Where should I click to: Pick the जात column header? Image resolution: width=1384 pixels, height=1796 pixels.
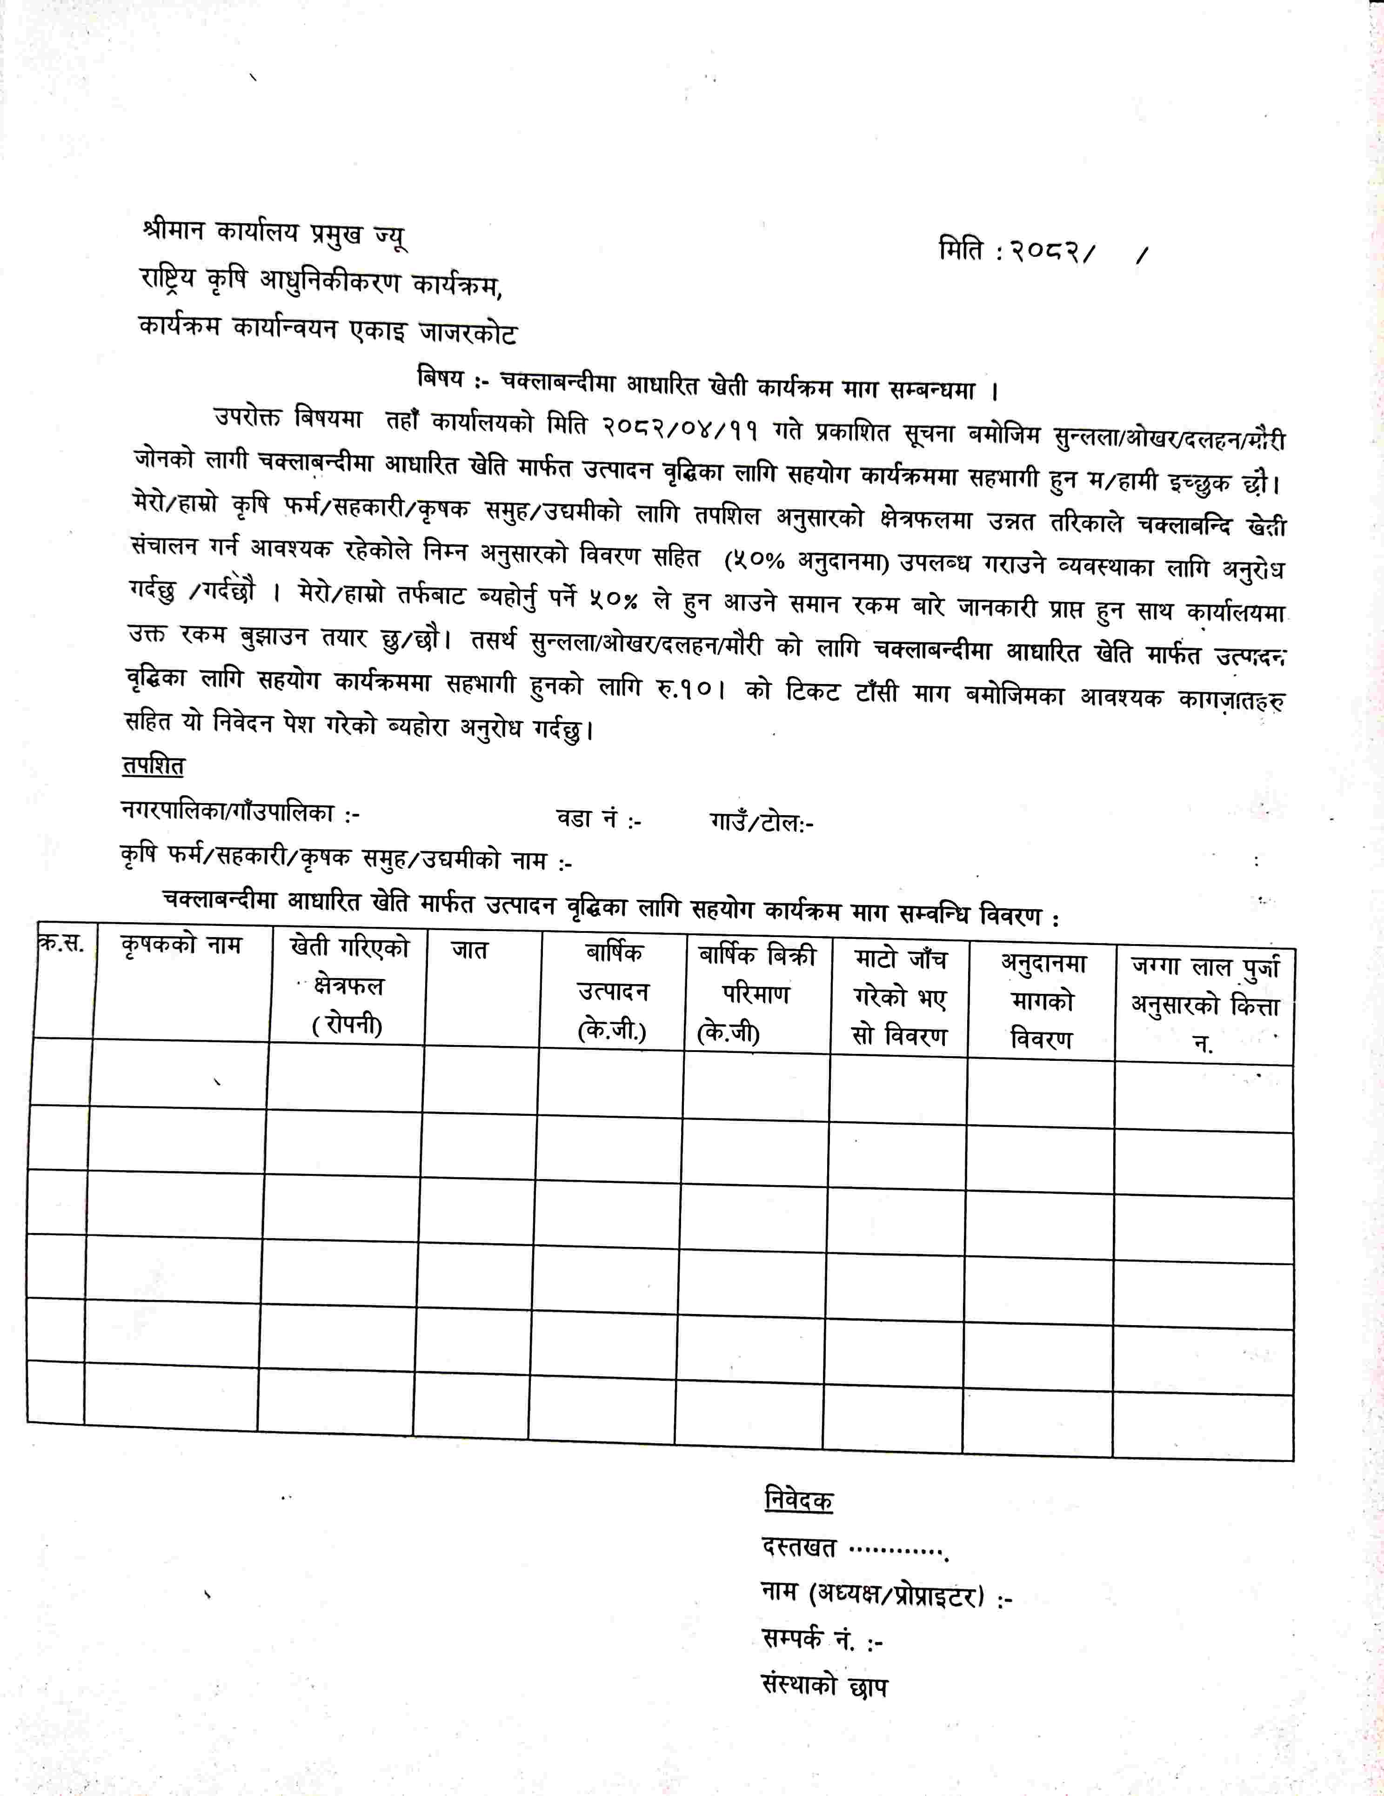click(x=469, y=951)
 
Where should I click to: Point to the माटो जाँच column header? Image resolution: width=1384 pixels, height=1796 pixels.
click(x=900, y=998)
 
